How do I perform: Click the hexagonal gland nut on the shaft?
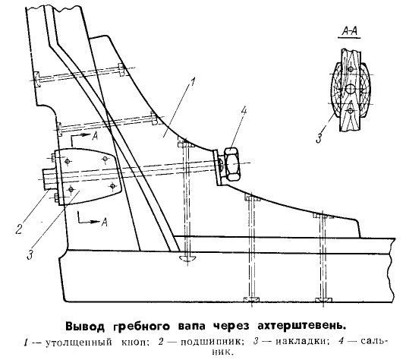click(x=232, y=164)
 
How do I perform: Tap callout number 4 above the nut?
click(x=244, y=111)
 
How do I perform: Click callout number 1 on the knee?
click(x=193, y=82)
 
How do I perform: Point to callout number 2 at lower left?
click(x=19, y=229)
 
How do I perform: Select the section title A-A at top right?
click(x=350, y=31)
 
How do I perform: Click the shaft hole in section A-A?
click(x=351, y=90)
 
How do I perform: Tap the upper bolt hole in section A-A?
click(x=351, y=69)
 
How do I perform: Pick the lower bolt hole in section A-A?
click(x=350, y=111)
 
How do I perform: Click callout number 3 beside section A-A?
click(x=319, y=137)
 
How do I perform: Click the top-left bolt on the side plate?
click(x=68, y=162)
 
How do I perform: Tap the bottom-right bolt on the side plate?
click(x=112, y=185)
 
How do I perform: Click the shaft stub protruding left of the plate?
click(x=50, y=179)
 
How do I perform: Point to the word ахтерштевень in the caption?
click(x=301, y=326)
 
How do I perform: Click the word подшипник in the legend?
click(x=212, y=342)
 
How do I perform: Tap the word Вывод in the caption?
click(x=86, y=326)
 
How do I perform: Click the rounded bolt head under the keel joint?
click(x=187, y=258)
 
